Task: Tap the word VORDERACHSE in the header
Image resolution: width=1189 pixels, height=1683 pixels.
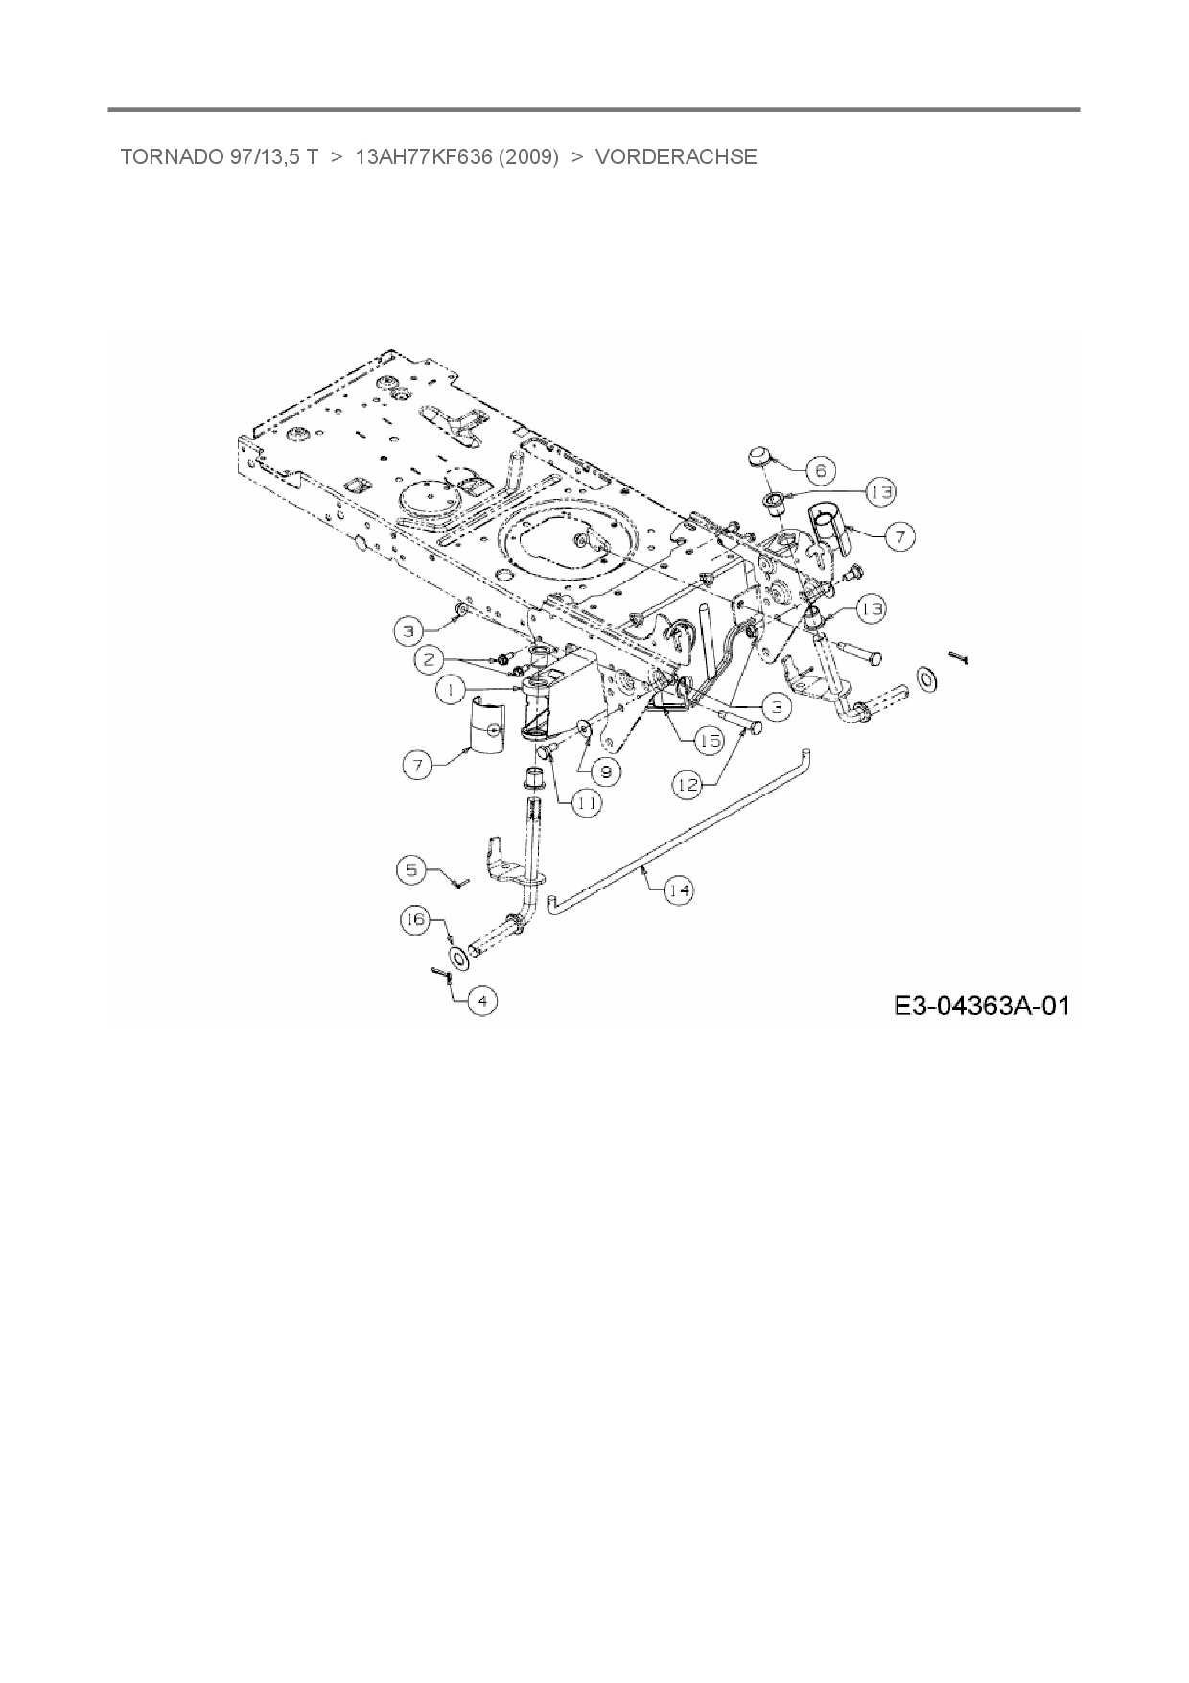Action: [676, 157]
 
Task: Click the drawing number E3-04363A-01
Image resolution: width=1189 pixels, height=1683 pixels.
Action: [981, 1006]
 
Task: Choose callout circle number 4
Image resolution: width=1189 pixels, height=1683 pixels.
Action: [482, 1001]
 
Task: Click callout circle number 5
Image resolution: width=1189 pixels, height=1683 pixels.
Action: [411, 869]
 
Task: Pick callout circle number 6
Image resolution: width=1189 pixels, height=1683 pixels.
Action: [821, 471]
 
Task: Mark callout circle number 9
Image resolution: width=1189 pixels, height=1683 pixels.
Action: [605, 770]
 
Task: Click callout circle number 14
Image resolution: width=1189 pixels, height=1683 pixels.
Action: [679, 890]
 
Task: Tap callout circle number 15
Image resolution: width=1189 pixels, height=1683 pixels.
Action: [711, 741]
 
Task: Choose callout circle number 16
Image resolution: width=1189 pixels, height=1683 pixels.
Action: [415, 920]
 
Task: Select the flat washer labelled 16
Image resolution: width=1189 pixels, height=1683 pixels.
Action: [458, 958]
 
